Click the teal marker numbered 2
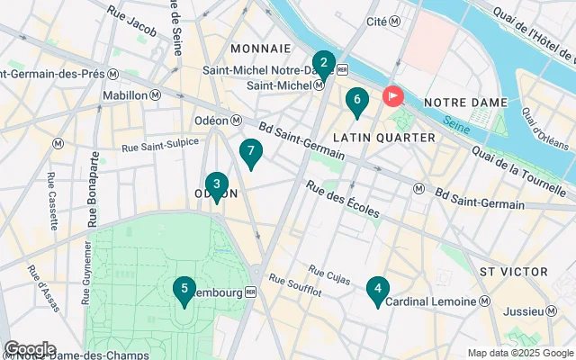coord(323,65)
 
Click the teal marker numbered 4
coord(378,291)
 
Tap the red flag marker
coord(393,95)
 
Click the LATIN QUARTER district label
coord(383,137)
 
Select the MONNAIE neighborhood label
coord(260,48)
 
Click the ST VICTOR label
coord(513,271)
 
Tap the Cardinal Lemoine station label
coord(431,302)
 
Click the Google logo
coord(30,349)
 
